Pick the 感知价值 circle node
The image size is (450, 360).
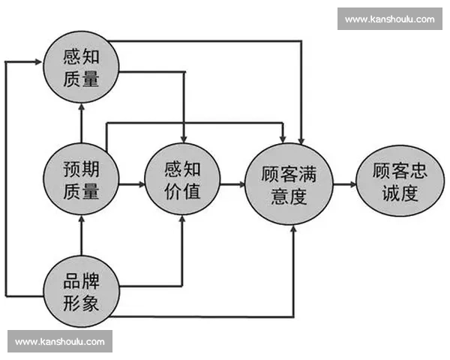coord(181,181)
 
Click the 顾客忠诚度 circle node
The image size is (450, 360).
coord(399,182)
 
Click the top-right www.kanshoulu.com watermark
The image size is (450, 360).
coord(389,19)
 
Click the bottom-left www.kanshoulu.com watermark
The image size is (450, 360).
coord(60,342)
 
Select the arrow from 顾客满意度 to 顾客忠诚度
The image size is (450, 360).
coord(343,183)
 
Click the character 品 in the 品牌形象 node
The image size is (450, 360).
coord(72,283)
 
